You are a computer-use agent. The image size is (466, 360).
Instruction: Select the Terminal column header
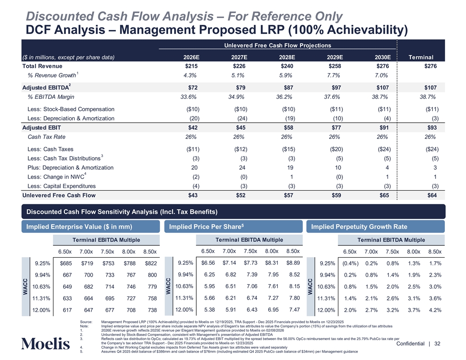pyautogui.click(x=421, y=57)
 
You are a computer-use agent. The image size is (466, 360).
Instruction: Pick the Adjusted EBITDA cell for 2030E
pyautogui.click(x=383, y=86)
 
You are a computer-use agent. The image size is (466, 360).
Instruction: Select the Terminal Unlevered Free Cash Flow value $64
pyautogui.click(x=432, y=195)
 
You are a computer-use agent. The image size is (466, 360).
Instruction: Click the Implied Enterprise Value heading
pyautogui.click(x=79, y=227)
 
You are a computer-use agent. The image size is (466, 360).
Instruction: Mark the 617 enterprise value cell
pyautogui.click(x=65, y=310)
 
